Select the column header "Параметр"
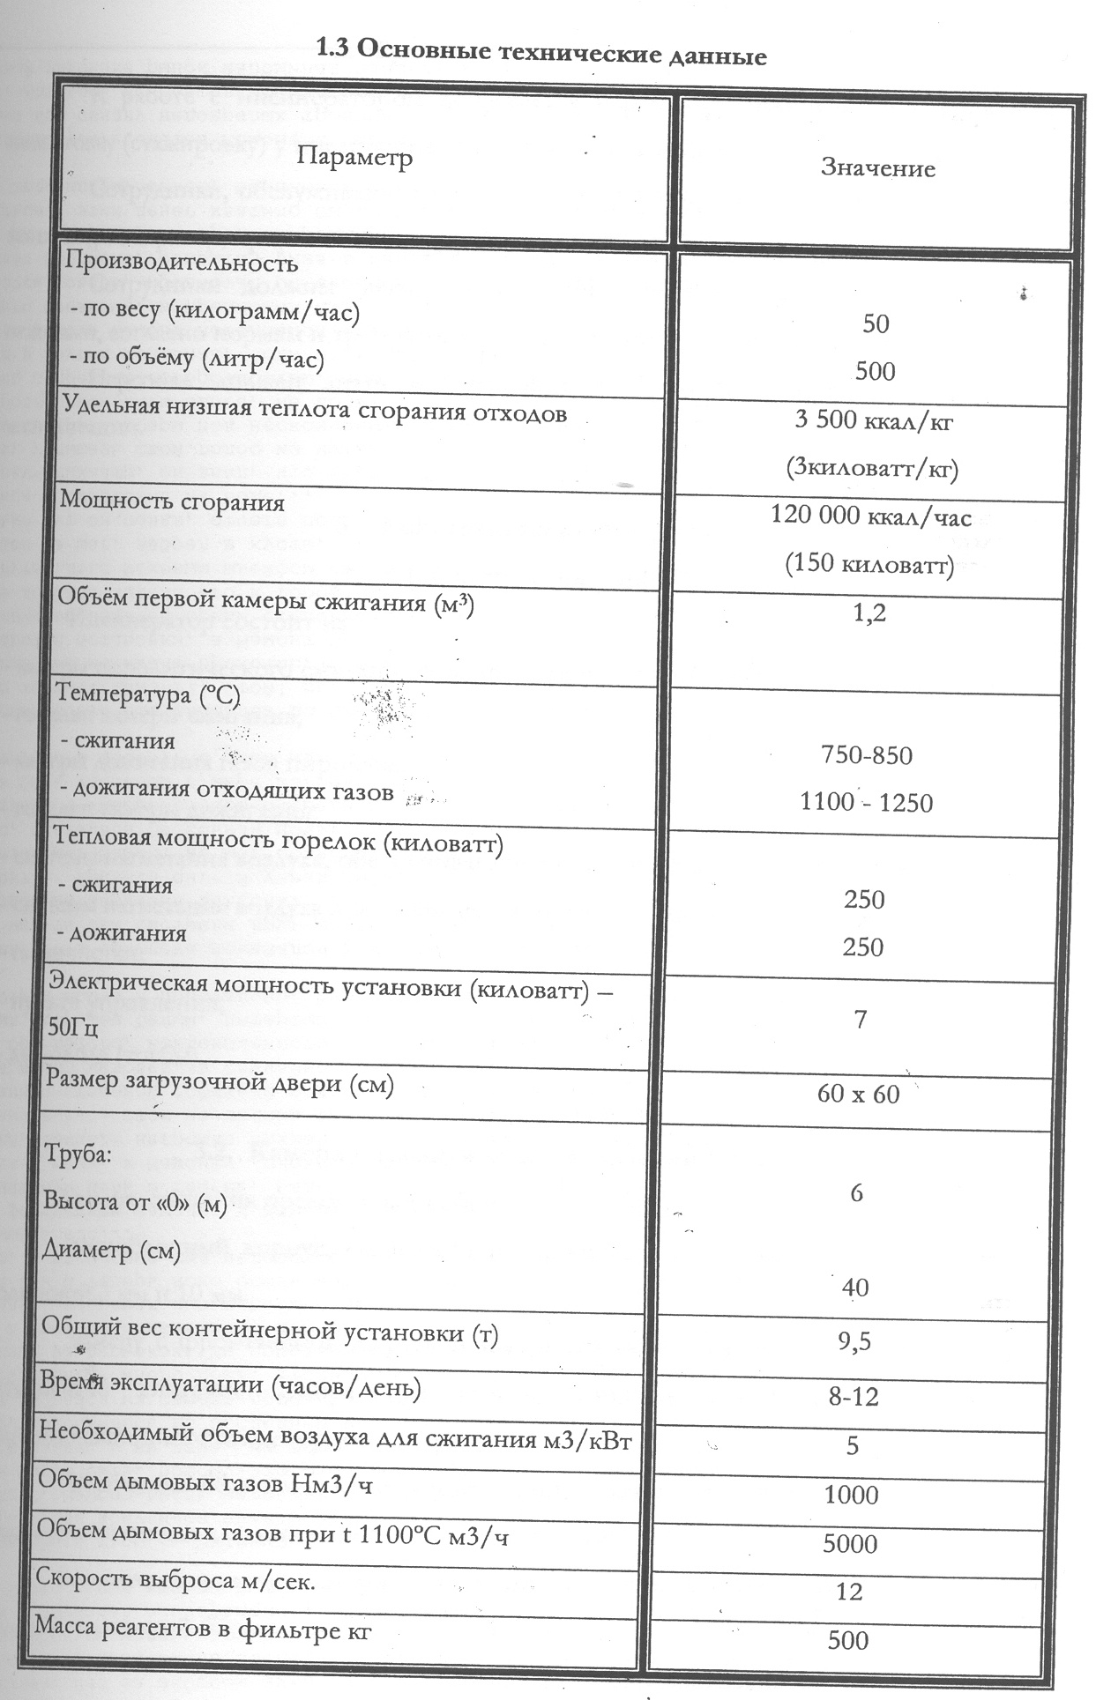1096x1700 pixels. [354, 159]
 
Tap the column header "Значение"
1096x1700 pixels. [877, 167]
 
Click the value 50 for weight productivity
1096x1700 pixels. [876, 323]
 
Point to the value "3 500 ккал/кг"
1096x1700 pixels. [874, 419]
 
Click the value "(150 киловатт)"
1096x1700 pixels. [869, 563]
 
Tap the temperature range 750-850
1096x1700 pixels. [867, 755]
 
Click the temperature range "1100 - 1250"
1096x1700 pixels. [866, 802]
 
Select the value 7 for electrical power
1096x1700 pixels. [861, 1020]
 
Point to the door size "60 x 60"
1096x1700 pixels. [858, 1095]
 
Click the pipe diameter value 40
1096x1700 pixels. [855, 1288]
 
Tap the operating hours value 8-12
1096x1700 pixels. [854, 1397]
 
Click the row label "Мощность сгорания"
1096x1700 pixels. [172, 502]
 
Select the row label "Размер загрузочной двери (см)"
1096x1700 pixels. [220, 1082]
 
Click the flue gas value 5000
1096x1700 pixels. [850, 1543]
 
